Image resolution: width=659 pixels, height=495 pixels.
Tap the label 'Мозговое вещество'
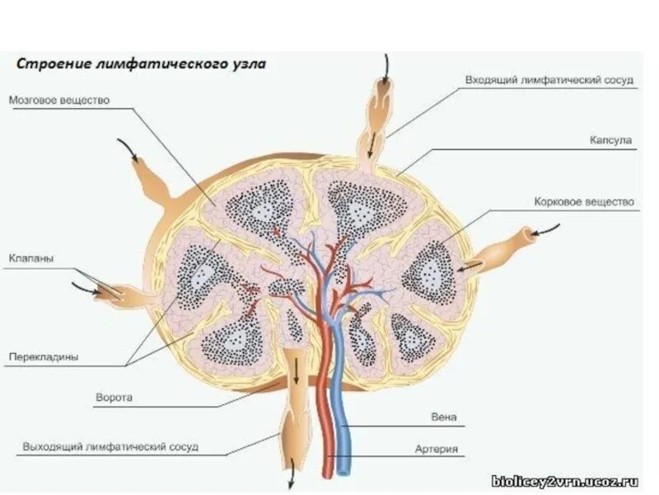click(59, 100)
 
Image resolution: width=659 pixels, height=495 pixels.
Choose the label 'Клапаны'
click(31, 258)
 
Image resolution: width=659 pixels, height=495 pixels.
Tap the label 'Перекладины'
click(44, 358)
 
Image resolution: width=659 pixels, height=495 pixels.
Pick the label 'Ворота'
click(114, 397)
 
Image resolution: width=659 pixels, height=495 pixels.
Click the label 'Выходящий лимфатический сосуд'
click(110, 447)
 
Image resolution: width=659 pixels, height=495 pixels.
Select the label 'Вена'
click(443, 417)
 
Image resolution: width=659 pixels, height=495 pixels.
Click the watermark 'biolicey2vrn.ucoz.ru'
click(565, 480)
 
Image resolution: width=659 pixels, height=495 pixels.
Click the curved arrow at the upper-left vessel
click(128, 148)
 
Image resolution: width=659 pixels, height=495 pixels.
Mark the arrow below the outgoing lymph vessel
click(291, 479)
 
